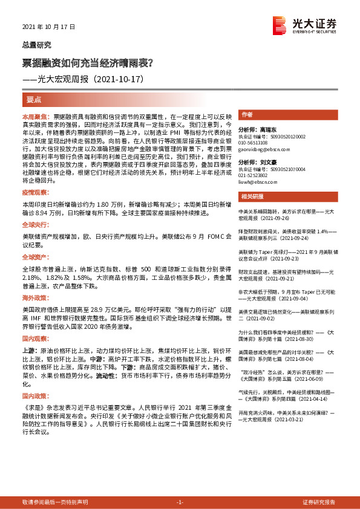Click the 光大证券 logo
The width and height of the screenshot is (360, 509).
(304, 24)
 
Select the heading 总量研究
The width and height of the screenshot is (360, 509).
(36, 45)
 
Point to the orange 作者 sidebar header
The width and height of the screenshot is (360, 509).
(247, 115)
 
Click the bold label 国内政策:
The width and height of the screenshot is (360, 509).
(34, 396)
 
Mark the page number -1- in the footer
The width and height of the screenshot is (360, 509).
(180, 502)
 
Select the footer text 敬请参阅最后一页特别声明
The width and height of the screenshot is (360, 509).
(55, 502)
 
